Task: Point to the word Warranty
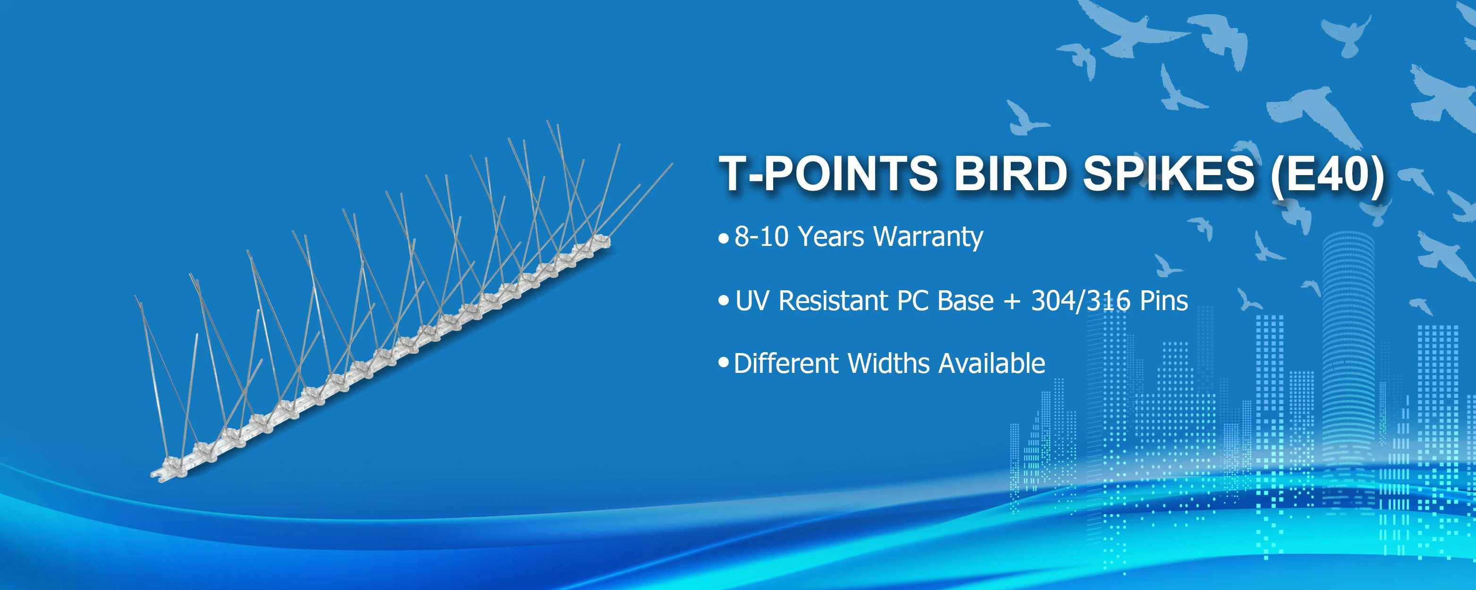tap(929, 237)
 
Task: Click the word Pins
tap(1164, 301)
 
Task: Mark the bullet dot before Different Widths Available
tap(724, 362)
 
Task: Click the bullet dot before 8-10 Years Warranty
tap(724, 238)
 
